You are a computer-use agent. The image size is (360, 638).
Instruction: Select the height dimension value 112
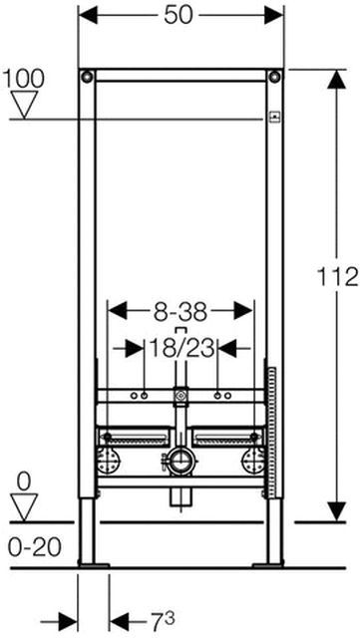point(338,278)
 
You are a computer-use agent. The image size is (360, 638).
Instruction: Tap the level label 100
point(23,79)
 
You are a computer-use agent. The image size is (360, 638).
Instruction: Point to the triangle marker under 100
point(25,104)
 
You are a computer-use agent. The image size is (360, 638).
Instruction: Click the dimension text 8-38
point(180,312)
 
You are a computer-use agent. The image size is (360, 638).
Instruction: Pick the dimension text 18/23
point(181,348)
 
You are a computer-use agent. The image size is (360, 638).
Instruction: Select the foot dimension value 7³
point(161,621)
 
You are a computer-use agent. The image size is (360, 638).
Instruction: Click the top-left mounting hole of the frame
point(87,77)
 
